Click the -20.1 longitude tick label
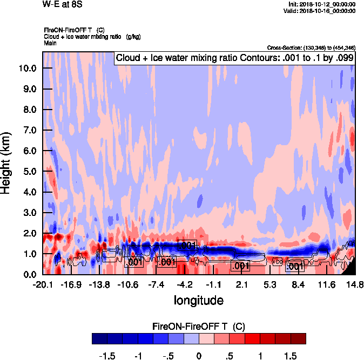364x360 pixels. click(x=43, y=285)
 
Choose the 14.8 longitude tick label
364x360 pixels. click(x=355, y=285)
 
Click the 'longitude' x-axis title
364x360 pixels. click(x=198, y=300)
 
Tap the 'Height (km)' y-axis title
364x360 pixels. click(x=7, y=164)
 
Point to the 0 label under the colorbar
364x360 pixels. click(x=199, y=356)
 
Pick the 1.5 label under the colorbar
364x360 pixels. click(x=291, y=356)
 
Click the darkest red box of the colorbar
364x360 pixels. click(x=298, y=338)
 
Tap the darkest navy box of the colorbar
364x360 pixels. click(x=100, y=338)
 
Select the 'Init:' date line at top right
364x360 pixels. click(x=322, y=4)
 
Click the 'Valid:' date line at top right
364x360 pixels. click(x=320, y=10)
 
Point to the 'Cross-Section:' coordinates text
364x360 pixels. click(x=311, y=48)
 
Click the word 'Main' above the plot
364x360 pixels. click(x=50, y=43)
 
